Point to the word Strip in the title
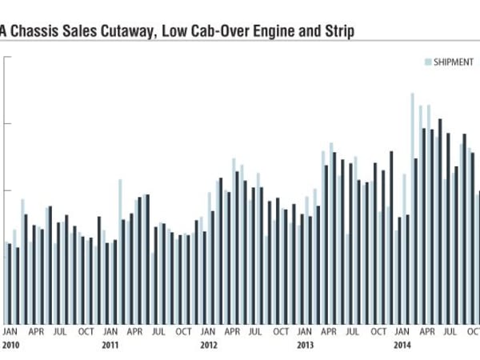coord(338,31)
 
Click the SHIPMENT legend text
coord(454,62)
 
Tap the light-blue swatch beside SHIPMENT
coord(428,62)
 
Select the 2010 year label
coord(10,346)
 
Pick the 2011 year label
coord(110,346)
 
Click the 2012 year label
coord(208,346)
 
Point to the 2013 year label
coord(305,346)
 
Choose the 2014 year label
coord(402,346)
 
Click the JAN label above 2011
coord(110,331)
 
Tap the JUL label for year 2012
coord(257,331)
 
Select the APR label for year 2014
coord(426,331)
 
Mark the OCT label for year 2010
coord(86,331)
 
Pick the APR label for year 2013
coord(329,331)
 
